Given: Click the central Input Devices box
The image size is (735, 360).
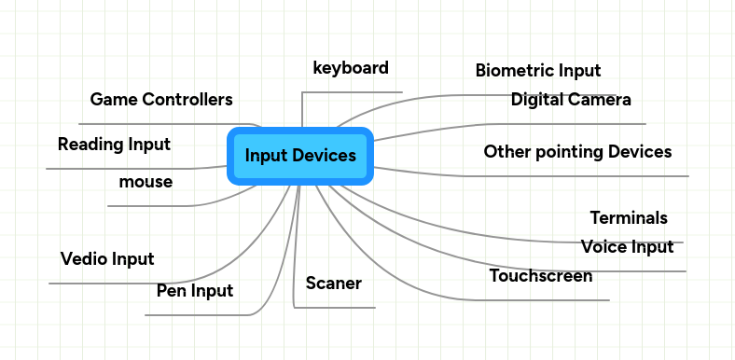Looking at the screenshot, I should [x=299, y=156].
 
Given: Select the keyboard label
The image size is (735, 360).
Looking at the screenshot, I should [x=351, y=68].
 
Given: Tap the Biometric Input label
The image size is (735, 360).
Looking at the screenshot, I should [x=538, y=71].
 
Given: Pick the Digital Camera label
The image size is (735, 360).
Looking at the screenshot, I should [x=571, y=100].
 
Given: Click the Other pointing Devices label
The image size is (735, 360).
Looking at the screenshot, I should [x=577, y=152].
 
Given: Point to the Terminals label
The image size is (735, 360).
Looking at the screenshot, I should [x=629, y=218].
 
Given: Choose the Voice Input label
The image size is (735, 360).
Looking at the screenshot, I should [x=627, y=247].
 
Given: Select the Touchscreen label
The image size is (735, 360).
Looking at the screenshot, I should [x=541, y=276].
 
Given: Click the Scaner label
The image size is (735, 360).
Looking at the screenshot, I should [x=333, y=284].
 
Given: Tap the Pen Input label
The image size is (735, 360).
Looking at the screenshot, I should [x=195, y=292].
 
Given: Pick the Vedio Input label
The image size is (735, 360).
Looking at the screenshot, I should [x=107, y=259].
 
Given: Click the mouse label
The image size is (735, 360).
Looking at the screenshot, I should [x=146, y=182].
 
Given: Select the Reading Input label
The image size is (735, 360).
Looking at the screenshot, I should [x=114, y=145].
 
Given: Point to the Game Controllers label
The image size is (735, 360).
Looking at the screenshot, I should [x=161, y=100].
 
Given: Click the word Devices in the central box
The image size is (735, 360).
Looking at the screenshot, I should [x=326, y=156].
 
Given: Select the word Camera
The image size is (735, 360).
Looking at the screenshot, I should [x=602, y=100].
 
